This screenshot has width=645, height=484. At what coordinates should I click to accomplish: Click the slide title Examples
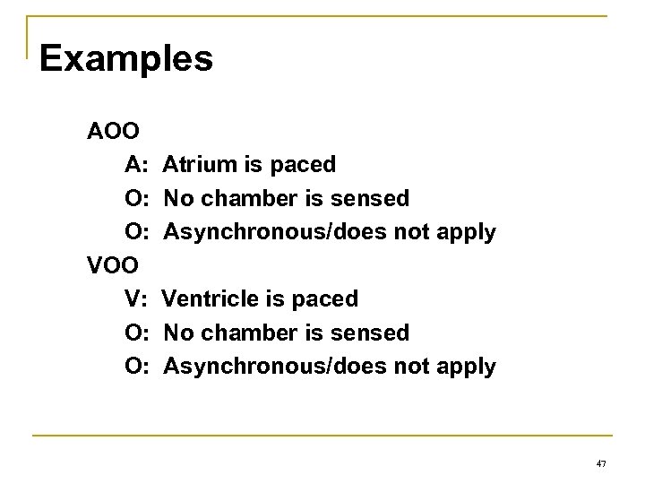pyautogui.click(x=126, y=59)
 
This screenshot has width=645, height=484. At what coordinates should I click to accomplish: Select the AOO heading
pyautogui.click(x=113, y=132)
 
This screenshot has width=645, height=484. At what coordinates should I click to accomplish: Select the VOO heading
pyautogui.click(x=113, y=265)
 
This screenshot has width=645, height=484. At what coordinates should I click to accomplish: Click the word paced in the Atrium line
pyautogui.click(x=305, y=165)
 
